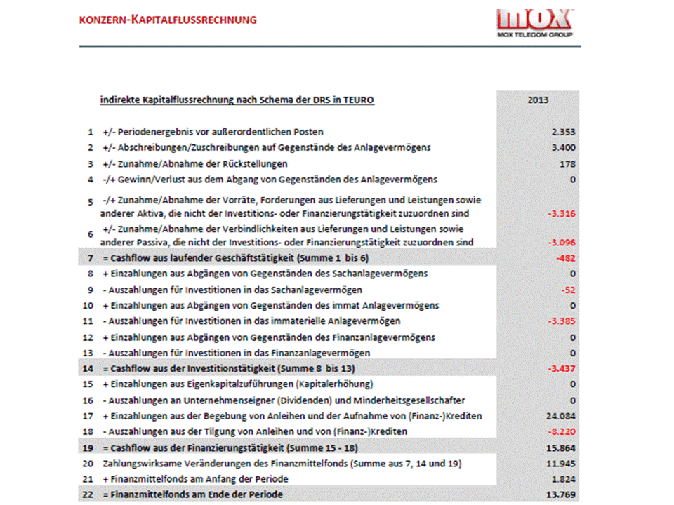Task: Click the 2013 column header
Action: coord(538,100)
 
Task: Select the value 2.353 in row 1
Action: coord(564,132)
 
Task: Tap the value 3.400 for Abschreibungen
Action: coord(564,147)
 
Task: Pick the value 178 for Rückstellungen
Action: coord(568,164)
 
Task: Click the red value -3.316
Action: coord(562,213)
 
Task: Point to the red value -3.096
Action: coord(562,243)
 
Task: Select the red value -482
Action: coord(566,258)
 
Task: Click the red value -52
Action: coord(569,289)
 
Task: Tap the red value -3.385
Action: coord(562,321)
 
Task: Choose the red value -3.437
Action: coord(562,369)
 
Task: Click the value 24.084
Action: coord(562,417)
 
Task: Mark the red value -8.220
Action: coord(562,432)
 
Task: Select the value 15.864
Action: coord(562,448)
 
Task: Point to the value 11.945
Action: coord(562,464)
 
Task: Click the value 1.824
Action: coord(564,479)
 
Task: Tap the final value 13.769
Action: coord(562,495)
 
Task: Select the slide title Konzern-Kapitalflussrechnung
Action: coord(167,20)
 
